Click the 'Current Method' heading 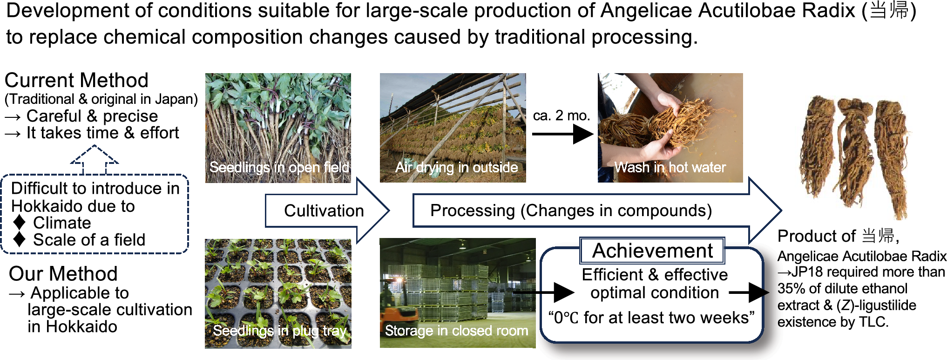coord(76,80)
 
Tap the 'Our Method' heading coord(63,273)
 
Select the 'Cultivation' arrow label coord(324,211)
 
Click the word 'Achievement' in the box coord(652,251)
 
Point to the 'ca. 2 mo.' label coord(561,115)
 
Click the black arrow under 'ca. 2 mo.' coord(562,134)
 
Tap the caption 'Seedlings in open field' coord(279,167)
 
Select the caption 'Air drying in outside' coord(456,167)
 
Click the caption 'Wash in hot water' coord(670,167)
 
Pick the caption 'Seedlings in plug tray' coord(280,331)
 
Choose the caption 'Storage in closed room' coord(456,331)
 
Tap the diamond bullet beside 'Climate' coord(19,223)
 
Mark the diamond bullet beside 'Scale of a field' coord(19,239)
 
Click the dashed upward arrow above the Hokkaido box coord(95,160)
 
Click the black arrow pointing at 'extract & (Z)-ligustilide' coord(749,292)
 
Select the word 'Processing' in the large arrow coord(472,211)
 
